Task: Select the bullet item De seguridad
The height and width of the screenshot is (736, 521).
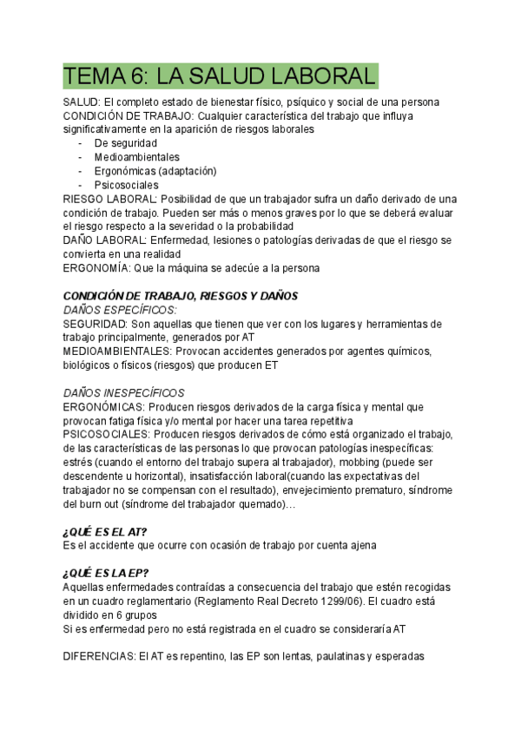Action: point(126,143)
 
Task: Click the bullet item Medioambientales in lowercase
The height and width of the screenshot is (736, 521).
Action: point(137,157)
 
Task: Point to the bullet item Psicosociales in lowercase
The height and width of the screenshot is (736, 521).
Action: point(127,185)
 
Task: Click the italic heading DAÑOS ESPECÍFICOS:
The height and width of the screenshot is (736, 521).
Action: point(120,310)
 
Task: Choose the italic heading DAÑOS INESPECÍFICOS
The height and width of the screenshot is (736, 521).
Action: point(123,393)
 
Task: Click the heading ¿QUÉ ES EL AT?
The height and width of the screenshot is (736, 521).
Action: point(105,531)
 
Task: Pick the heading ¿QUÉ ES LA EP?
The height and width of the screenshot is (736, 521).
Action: point(105,573)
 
